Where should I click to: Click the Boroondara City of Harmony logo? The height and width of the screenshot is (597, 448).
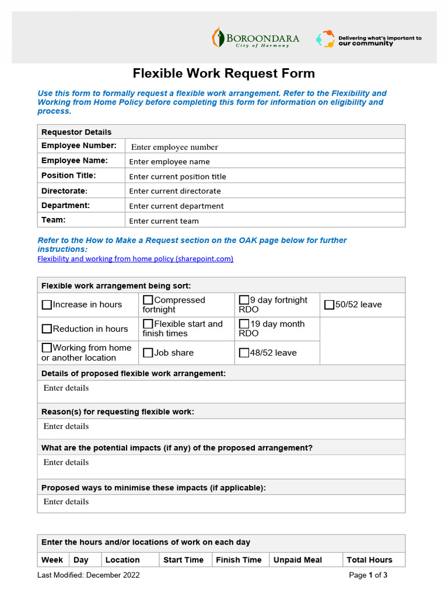click(256, 38)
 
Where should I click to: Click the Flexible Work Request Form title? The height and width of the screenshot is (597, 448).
click(224, 73)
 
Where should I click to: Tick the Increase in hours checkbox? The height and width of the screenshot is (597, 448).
click(47, 305)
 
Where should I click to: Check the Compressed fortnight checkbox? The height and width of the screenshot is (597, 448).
click(148, 300)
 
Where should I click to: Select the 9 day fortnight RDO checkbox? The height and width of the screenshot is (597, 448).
click(244, 300)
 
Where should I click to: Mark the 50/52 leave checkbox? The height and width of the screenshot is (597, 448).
click(329, 305)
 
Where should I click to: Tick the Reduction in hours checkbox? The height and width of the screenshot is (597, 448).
click(47, 329)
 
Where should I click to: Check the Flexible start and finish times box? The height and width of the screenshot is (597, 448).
click(148, 324)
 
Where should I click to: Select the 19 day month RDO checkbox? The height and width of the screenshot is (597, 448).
click(244, 324)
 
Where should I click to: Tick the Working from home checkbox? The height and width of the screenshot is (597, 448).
click(47, 348)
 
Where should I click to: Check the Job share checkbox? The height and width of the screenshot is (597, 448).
click(148, 353)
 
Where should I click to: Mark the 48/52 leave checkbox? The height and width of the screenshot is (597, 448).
click(244, 353)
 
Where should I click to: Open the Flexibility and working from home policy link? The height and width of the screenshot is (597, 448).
click(135, 259)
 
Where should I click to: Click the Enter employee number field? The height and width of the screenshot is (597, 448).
click(174, 147)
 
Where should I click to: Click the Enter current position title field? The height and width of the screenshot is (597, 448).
click(177, 177)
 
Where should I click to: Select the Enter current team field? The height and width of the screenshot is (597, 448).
click(164, 221)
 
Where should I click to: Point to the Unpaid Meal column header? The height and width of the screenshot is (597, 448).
click(297, 560)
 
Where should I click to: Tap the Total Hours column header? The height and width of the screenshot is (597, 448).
click(369, 560)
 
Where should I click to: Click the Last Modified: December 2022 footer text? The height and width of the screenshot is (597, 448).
click(89, 575)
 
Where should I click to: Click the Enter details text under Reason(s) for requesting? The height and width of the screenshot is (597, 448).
click(66, 426)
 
